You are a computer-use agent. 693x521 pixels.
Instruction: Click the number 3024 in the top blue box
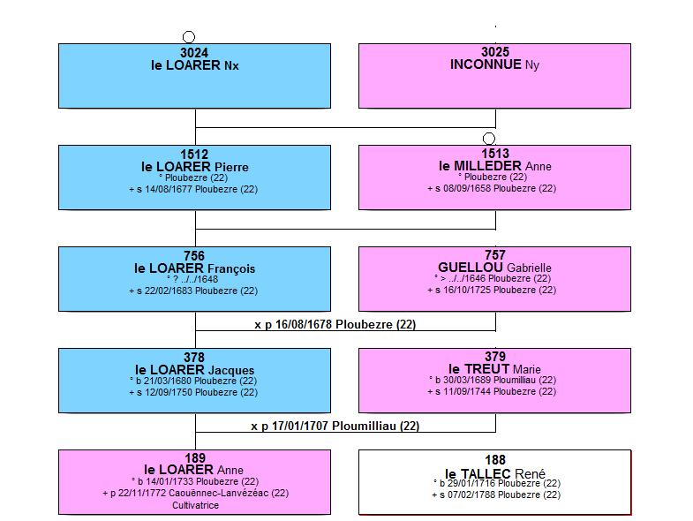[x=194, y=53]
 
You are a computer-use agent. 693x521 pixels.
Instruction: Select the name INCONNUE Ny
[x=494, y=64]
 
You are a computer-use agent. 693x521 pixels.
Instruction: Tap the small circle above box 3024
[x=189, y=37]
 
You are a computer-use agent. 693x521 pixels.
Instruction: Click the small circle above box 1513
[x=489, y=139]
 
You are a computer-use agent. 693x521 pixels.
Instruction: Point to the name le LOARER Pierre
[x=195, y=167]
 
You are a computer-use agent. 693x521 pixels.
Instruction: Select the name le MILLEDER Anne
[x=495, y=166]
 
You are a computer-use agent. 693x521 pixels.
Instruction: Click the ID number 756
[x=194, y=255]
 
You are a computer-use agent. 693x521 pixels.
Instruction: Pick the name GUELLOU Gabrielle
[x=494, y=268]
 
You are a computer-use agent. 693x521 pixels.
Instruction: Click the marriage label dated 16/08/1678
[x=335, y=324]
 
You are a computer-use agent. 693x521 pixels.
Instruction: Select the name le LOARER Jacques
[x=194, y=370]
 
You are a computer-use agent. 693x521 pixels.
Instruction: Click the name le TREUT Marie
[x=494, y=369]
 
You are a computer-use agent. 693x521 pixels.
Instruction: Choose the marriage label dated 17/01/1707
[x=335, y=426]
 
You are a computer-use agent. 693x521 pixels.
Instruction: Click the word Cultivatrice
[x=195, y=505]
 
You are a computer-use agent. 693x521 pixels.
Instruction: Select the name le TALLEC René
[x=495, y=473]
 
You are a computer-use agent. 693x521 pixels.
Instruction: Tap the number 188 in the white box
[x=495, y=460]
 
